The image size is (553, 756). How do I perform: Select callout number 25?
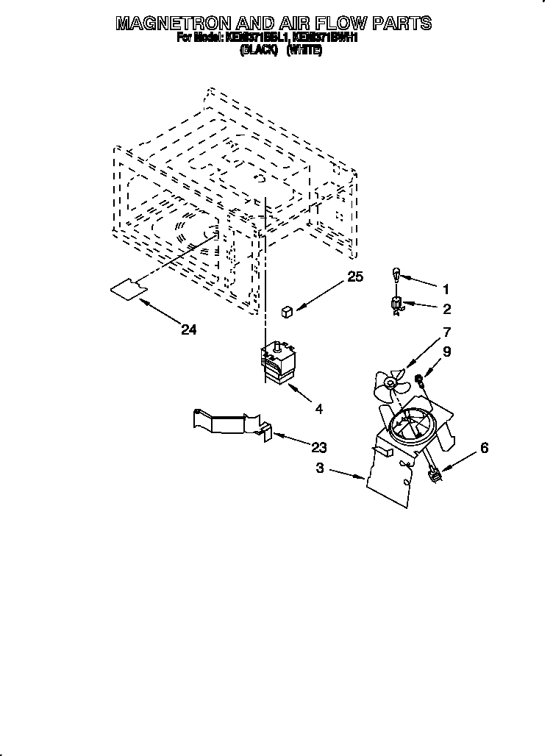[x=356, y=277]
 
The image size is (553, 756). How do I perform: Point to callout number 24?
[x=189, y=330]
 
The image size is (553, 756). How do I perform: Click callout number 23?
[x=319, y=447]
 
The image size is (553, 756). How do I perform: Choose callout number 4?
[x=319, y=408]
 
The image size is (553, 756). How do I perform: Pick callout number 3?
[x=320, y=468]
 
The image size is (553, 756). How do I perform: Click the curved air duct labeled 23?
[x=229, y=424]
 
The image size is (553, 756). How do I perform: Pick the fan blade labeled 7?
[x=390, y=383]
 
